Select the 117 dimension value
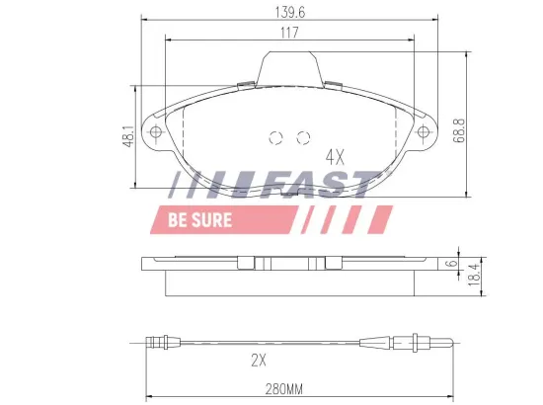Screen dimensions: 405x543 click(x=288, y=33)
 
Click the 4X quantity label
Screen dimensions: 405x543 click(x=336, y=156)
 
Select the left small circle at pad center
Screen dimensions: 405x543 click(x=276, y=137)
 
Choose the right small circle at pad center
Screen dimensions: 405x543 click(x=303, y=137)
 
